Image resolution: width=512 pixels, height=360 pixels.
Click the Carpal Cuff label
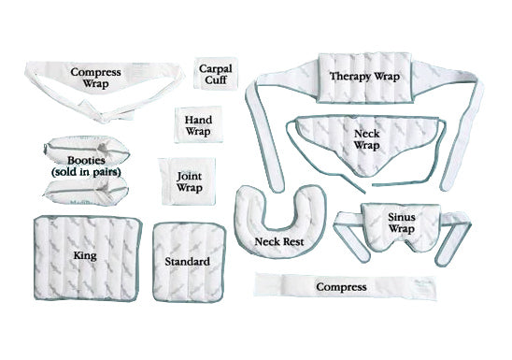pyautogui.click(x=217, y=75)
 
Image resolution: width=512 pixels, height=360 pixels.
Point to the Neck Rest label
pyautogui.click(x=277, y=241)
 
